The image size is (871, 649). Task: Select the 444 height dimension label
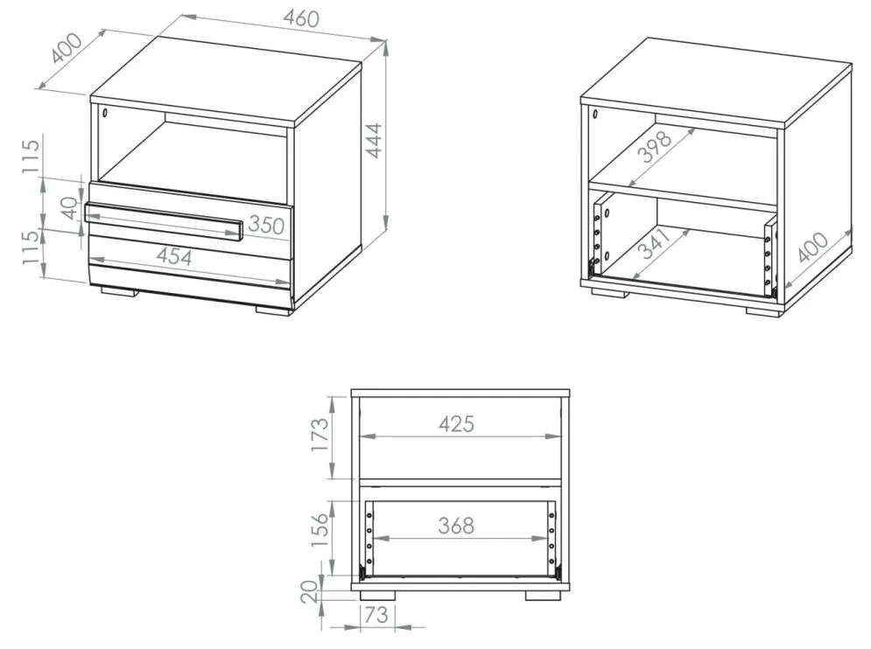pos(376,141)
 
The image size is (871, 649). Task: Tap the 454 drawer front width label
pos(174,256)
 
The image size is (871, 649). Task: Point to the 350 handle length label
pos(266,224)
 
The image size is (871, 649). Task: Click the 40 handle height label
pos(70,207)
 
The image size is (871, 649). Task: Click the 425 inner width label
pos(457,423)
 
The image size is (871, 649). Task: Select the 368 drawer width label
pos(456,525)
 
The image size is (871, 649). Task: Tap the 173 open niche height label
pos(320,435)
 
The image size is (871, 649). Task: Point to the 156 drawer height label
pos(320,530)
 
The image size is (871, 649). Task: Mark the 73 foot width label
pos(376,615)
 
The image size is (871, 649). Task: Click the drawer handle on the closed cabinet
pos(164,222)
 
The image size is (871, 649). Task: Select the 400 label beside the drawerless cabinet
pos(813,247)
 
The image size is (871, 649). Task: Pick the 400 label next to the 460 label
pos(67,48)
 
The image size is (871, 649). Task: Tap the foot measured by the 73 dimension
pos(377,595)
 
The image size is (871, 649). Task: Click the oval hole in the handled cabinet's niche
pos(104,113)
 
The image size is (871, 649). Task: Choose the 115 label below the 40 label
pos(32,247)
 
